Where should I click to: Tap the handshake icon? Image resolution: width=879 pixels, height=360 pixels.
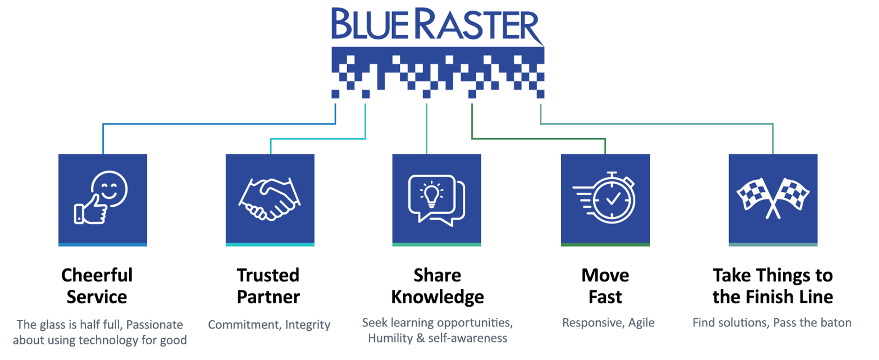[270, 199]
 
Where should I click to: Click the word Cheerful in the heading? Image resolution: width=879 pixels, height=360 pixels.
[97, 276]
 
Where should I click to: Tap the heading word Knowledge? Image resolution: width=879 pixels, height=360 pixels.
[437, 297]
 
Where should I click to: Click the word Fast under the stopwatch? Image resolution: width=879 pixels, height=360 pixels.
[605, 297]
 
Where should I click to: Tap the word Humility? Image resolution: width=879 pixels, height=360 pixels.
[391, 338]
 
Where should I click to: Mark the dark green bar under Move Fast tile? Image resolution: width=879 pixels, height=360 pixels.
[605, 244]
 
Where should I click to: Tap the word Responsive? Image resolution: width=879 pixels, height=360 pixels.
[588, 323]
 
